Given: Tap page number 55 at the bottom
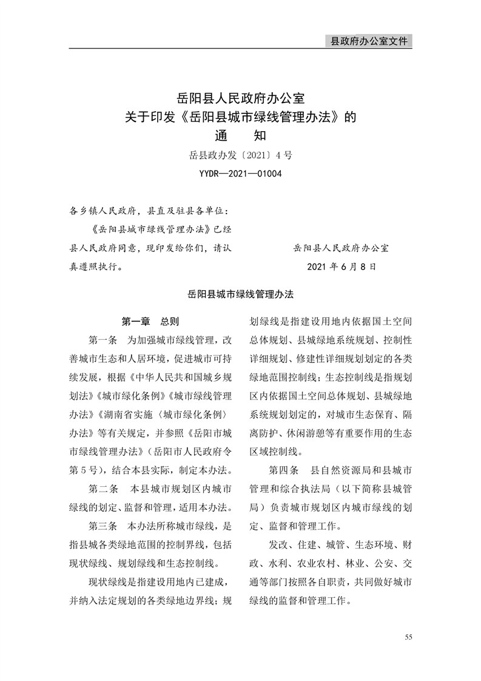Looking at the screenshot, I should pyautogui.click(x=408, y=637).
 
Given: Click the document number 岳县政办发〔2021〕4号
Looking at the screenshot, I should pyautogui.click(x=240, y=155).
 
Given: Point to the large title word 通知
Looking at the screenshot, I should pyautogui.click(x=240, y=135).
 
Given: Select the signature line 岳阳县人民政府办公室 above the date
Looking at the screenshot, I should pyautogui.click(x=341, y=248).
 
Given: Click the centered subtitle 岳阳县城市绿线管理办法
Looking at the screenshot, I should pyautogui.click(x=240, y=294).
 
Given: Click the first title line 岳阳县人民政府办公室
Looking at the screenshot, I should pyautogui.click(x=240, y=97).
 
